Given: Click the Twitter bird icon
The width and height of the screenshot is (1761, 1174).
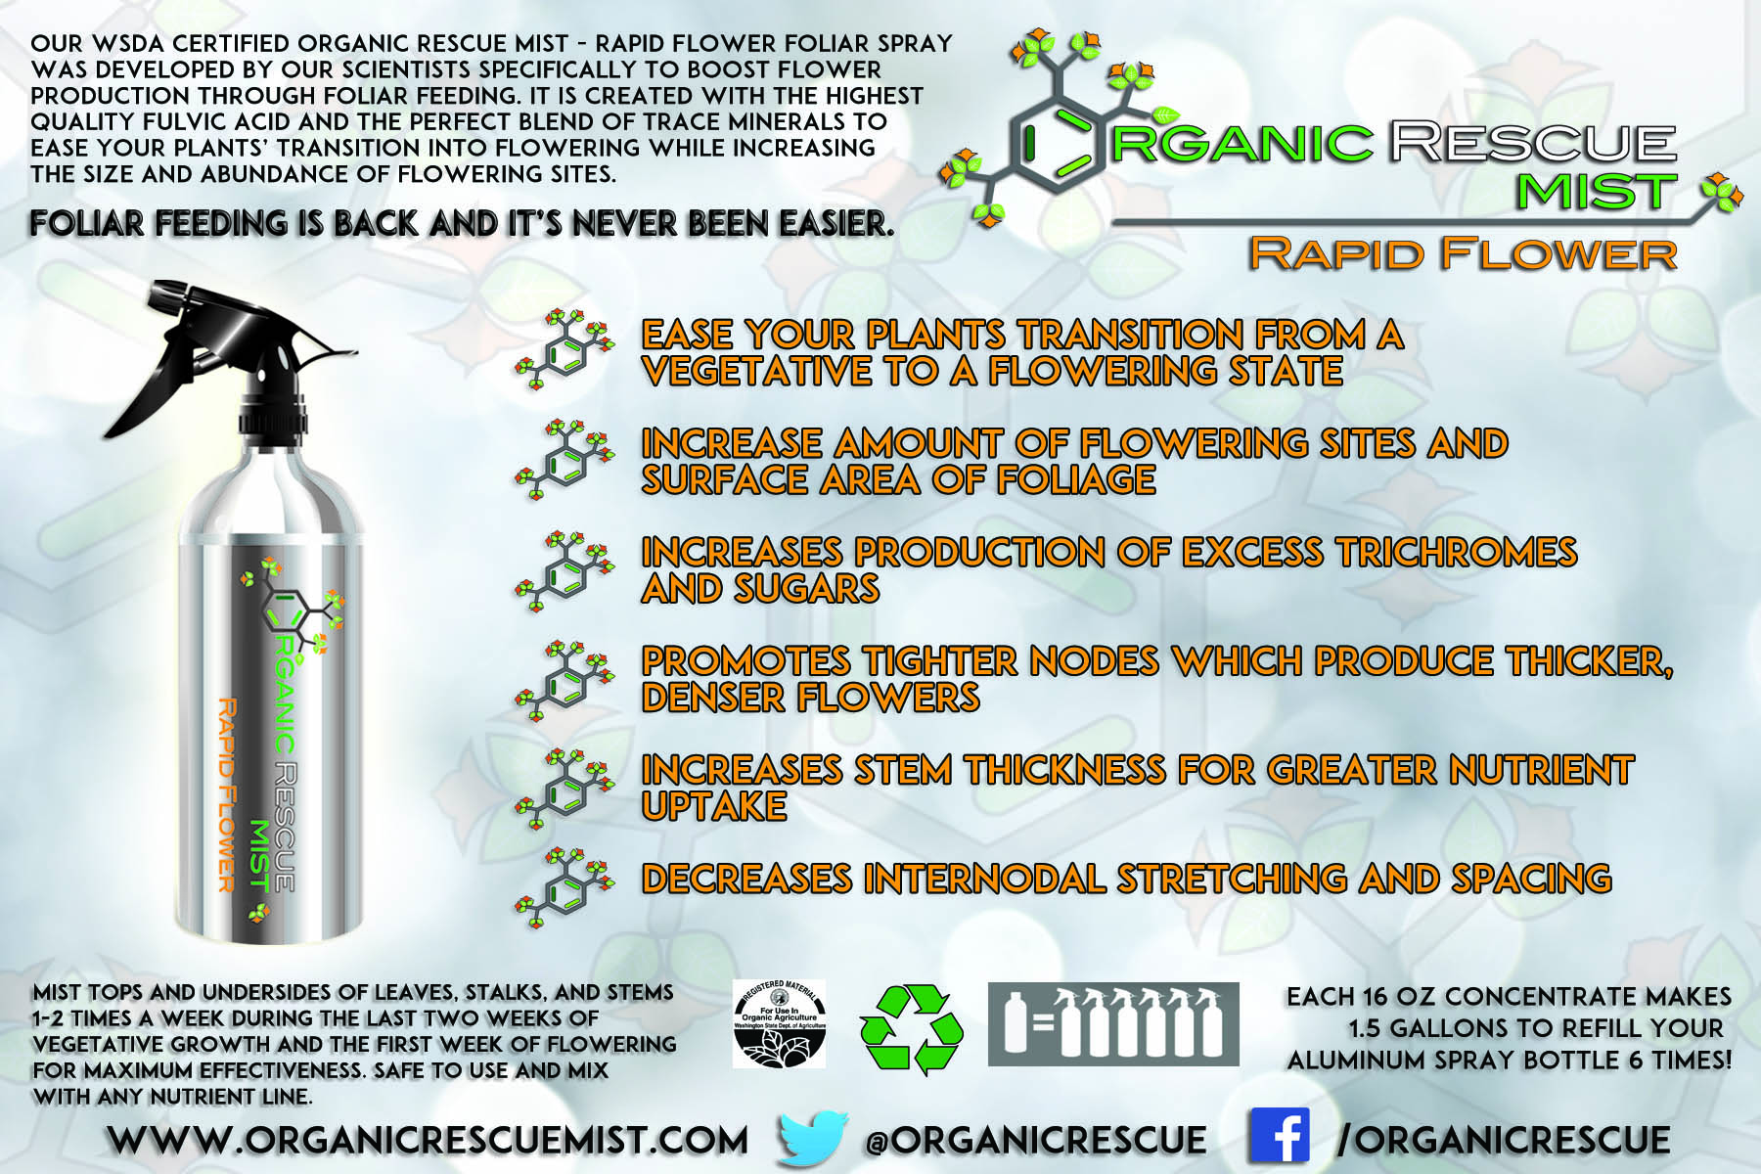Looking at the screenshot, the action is tap(813, 1138).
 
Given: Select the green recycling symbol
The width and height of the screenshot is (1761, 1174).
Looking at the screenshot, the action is tap(911, 1029).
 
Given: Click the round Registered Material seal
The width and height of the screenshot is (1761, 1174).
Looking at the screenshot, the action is tap(780, 1023).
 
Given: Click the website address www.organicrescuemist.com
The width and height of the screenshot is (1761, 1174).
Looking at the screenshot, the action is tap(428, 1140).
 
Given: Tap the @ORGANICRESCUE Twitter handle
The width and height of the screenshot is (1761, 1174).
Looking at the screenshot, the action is tap(1035, 1140).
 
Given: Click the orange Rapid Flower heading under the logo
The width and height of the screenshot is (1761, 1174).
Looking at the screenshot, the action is tap(1464, 254).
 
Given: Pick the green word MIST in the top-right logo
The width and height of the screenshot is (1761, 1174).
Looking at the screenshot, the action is tap(1597, 191).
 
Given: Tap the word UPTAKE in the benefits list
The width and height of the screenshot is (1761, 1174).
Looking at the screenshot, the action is tap(714, 806).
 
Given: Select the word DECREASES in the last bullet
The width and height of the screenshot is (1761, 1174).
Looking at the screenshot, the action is tap(746, 879).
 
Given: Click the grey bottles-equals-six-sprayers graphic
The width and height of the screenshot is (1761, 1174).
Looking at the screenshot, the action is tap(1113, 1024).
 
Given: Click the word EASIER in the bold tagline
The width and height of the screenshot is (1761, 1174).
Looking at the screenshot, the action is tap(835, 224).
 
